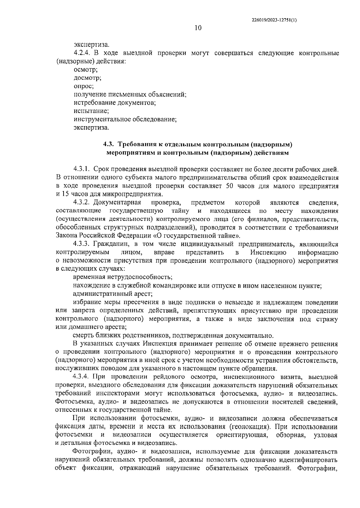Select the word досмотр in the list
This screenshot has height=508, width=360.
pyautogui.click(x=87, y=78)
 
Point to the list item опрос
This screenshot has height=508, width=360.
pyautogui.click(x=84, y=86)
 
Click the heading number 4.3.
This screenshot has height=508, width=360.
pyautogui.click(x=108, y=144)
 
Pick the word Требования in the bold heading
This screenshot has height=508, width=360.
pyautogui.click(x=136, y=144)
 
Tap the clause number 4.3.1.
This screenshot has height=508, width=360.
pyautogui.click(x=82, y=169)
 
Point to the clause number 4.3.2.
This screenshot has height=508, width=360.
pyautogui.click(x=82, y=203)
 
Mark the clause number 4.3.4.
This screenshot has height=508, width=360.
pyautogui.click(x=82, y=376)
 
